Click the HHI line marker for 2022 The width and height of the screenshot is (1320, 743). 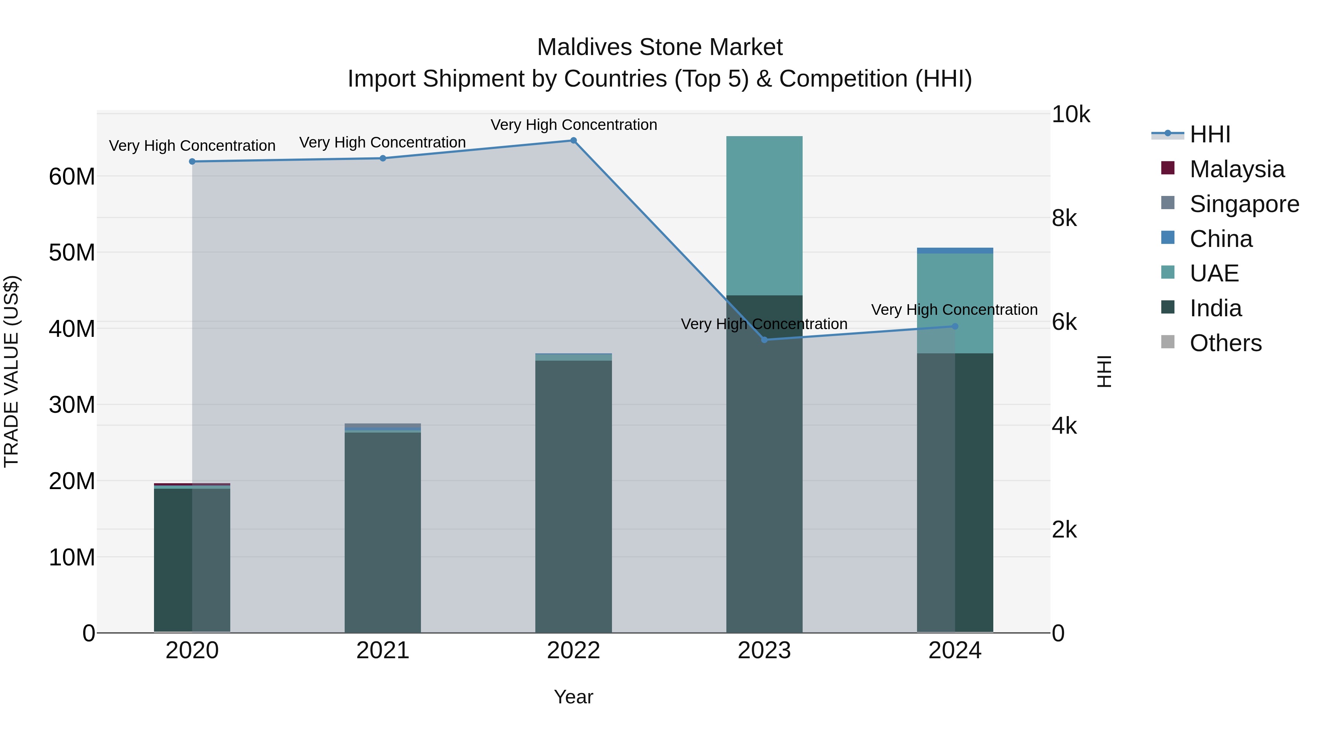click(573, 141)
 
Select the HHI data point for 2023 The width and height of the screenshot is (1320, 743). click(764, 339)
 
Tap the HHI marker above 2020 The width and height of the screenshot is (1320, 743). click(192, 161)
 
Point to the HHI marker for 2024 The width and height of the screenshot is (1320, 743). click(955, 326)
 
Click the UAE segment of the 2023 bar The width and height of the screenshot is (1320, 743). click(764, 215)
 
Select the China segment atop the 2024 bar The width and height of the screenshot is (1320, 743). click(955, 251)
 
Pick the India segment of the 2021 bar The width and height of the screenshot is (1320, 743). click(383, 533)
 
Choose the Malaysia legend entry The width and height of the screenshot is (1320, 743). click(1236, 169)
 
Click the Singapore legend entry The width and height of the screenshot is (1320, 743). click(1244, 204)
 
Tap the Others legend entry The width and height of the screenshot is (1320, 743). click(1225, 343)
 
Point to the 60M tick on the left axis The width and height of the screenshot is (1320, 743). click(72, 177)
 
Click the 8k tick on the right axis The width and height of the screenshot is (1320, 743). click(1064, 218)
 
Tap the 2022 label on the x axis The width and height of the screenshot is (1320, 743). click(573, 651)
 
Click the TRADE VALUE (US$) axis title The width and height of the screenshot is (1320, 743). click(11, 371)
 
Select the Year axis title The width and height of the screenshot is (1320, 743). click(573, 697)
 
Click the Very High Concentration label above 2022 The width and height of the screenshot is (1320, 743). click(573, 125)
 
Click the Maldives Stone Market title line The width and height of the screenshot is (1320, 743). click(660, 47)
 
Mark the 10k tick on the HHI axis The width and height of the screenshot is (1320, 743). click(1070, 114)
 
